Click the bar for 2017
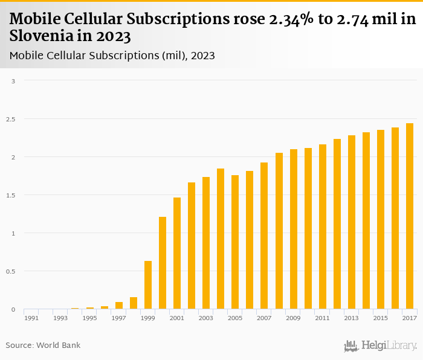point(409,216)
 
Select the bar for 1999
point(148,285)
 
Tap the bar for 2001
point(177,254)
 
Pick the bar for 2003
point(206,243)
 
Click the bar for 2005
point(235,242)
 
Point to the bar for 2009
point(293,230)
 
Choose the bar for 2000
point(163,263)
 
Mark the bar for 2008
point(279,231)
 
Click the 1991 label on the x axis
point(31,318)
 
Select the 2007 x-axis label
point(263,318)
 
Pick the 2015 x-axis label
point(380,318)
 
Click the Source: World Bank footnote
point(43,346)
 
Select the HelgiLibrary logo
point(380,346)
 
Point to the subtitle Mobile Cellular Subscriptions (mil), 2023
point(112,56)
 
